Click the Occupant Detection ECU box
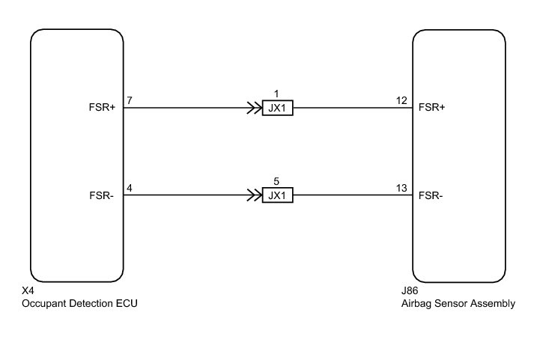click(76, 153)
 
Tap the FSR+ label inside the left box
click(103, 107)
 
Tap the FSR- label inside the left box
click(103, 196)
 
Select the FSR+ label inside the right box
click(432, 107)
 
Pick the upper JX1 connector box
click(277, 108)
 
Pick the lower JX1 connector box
click(277, 196)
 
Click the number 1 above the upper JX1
click(276, 94)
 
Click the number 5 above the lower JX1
click(276, 183)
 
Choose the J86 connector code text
click(409, 291)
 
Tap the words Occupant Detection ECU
click(81, 303)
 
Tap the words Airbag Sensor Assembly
click(458, 303)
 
